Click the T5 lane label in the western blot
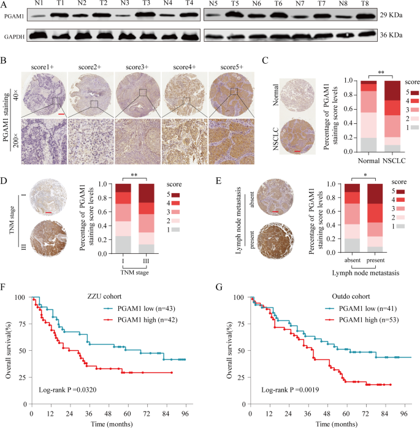234,5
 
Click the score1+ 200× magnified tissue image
43,142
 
